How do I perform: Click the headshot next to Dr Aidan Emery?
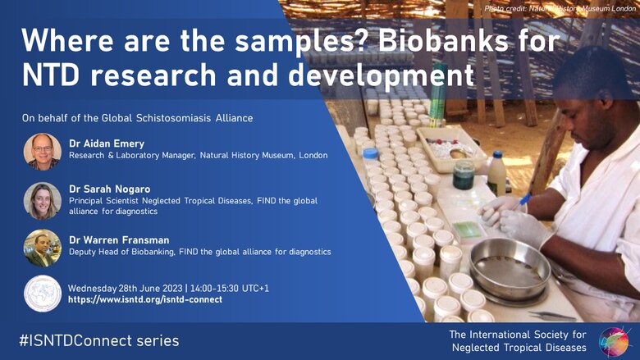click(43, 151)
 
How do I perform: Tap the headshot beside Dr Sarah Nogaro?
click(43, 201)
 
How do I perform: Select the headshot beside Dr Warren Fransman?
click(43, 248)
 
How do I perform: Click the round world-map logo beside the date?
click(43, 294)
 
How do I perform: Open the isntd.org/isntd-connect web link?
click(145, 299)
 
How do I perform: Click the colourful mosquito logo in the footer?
click(614, 341)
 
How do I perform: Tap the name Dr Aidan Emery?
click(107, 144)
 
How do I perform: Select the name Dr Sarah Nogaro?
click(109, 189)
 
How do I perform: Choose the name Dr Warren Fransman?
click(119, 240)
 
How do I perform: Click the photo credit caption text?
click(560, 8)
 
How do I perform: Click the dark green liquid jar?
click(464, 175)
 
